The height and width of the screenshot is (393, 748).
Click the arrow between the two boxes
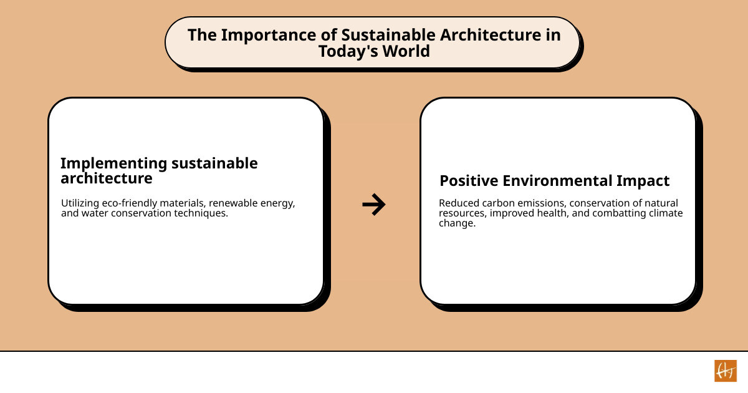coord(374,205)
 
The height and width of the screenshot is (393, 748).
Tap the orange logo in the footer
coord(725,371)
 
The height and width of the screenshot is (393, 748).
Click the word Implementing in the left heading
coord(113,163)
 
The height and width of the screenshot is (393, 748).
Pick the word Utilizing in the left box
coord(80,203)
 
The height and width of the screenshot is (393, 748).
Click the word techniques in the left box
coord(203,213)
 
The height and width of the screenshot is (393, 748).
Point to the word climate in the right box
coord(666,213)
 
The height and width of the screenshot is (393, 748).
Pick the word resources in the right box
coord(461,213)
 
